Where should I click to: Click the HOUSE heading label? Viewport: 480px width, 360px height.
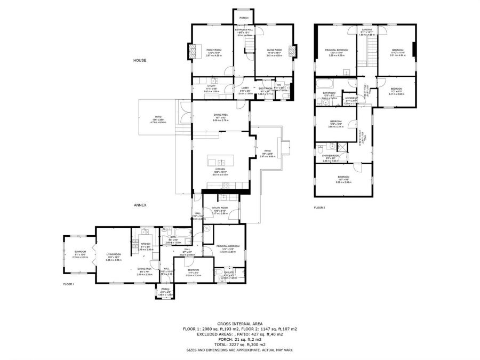tap(140, 60)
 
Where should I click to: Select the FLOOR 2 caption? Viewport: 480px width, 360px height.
tap(319, 207)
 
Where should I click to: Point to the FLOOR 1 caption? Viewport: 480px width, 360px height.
tap(68, 284)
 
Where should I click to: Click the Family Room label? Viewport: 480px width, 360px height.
tap(214, 50)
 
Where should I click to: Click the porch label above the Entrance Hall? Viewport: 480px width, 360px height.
tap(244, 18)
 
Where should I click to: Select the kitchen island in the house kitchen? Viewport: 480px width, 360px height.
tap(220, 161)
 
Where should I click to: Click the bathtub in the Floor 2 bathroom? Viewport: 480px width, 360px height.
tap(325, 84)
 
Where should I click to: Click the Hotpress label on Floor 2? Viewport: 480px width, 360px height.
tap(351, 98)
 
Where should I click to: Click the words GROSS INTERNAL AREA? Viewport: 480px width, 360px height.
tap(239, 324)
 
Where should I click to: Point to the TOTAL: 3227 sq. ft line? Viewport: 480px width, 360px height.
tap(239, 343)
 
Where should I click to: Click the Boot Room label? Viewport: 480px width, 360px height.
tap(266, 88)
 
